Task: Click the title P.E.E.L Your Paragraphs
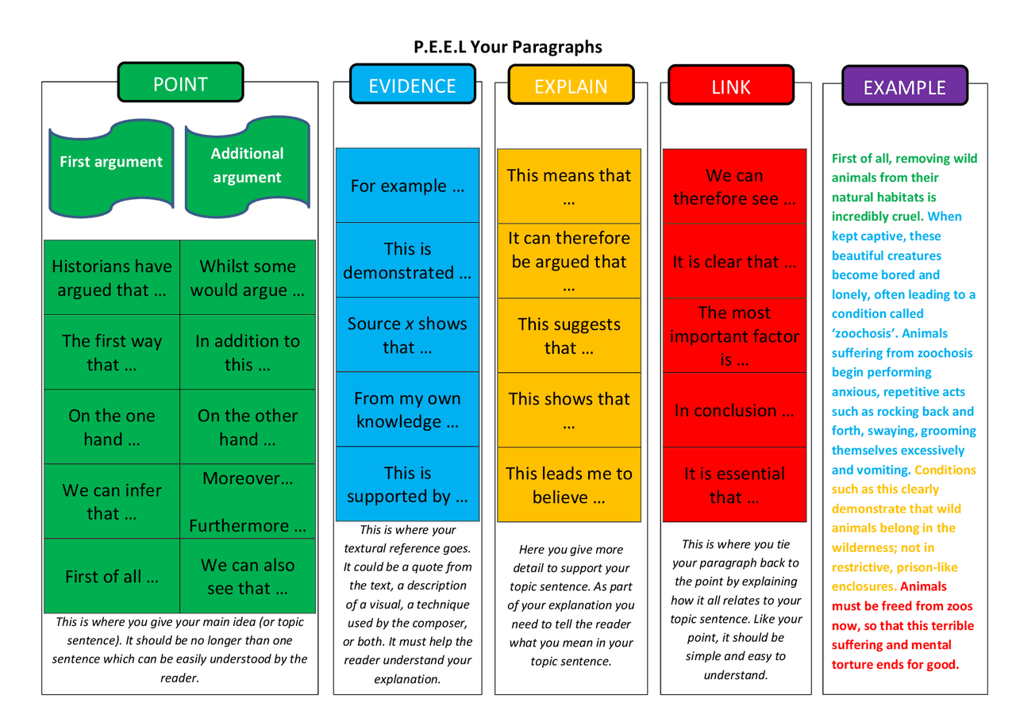(x=508, y=47)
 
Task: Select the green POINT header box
(x=180, y=84)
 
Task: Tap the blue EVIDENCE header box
(x=412, y=86)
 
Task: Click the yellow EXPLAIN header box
(x=571, y=86)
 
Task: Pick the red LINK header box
(x=731, y=86)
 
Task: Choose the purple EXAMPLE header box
(x=904, y=87)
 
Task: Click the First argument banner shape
(x=111, y=163)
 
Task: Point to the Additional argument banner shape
(x=247, y=165)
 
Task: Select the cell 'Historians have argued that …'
(x=112, y=278)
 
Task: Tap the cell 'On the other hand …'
(x=248, y=427)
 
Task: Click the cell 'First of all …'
(x=112, y=577)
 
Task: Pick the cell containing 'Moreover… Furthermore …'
(x=248, y=501)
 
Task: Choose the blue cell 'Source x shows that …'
(x=407, y=335)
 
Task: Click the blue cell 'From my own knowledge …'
(x=407, y=409)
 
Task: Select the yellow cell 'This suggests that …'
(x=569, y=336)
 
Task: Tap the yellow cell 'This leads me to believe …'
(x=569, y=485)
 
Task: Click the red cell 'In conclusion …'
(x=734, y=410)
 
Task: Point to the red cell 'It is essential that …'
(x=734, y=485)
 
